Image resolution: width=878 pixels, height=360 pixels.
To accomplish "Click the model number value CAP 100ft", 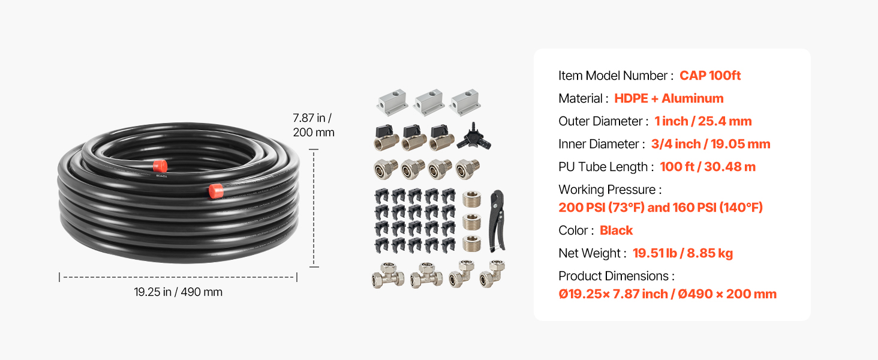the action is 710,75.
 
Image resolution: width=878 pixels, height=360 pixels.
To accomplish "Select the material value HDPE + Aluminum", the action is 669,98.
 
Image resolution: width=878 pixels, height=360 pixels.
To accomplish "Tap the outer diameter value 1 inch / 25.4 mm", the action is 703,121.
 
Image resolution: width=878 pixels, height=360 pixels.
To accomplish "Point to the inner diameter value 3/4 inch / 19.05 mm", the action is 711,143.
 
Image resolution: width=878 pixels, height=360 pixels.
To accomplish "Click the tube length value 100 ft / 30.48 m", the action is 708,166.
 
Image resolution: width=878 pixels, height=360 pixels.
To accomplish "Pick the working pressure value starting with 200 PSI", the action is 661,207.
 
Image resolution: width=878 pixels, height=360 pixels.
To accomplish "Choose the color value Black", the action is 616,230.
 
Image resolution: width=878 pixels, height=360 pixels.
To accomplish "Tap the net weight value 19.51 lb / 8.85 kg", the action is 683,253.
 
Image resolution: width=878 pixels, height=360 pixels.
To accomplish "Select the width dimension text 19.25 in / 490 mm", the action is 178,292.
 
